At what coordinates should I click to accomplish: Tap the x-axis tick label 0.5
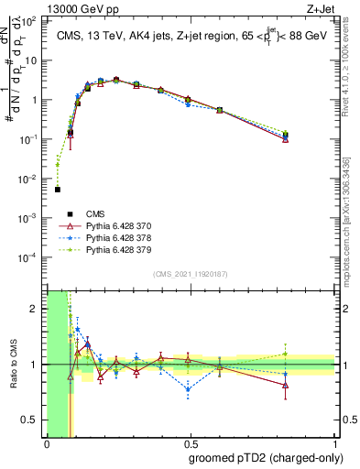click(191, 444)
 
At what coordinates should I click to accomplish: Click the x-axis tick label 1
click(334, 444)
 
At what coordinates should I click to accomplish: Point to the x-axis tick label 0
click(47, 444)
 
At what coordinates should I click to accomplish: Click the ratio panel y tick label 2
click(34, 310)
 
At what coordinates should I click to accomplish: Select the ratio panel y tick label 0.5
click(30, 420)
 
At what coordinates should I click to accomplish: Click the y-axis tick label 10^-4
click(29, 257)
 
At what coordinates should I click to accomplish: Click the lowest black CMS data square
click(58, 190)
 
